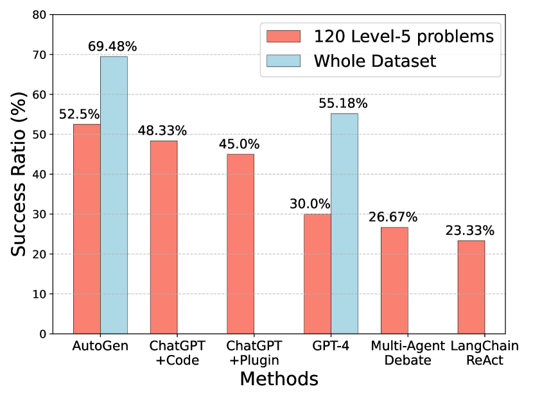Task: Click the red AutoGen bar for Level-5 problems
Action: [87, 229]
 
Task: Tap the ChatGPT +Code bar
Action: [164, 237]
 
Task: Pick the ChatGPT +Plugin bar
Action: [240, 243]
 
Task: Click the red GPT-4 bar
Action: [317, 274]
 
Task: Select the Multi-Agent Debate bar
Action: [394, 280]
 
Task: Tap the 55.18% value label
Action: [344, 103]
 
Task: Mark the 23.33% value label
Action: [471, 230]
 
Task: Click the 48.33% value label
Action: [162, 131]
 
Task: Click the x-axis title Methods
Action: [279, 379]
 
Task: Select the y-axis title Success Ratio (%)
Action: [19, 174]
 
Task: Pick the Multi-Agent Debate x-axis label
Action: [408, 352]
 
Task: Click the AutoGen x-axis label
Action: [100, 346]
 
